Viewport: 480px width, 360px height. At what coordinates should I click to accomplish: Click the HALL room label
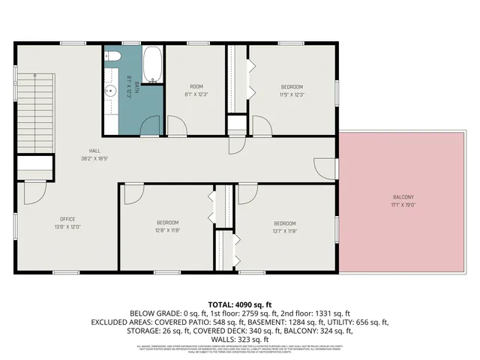click(x=95, y=150)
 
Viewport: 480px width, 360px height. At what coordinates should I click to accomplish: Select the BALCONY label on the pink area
click(x=403, y=197)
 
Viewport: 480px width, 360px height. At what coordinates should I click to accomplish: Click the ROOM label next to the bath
click(x=196, y=85)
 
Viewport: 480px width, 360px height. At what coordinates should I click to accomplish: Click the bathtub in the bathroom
click(x=152, y=66)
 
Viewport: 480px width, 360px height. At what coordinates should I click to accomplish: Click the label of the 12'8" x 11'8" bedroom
click(x=167, y=222)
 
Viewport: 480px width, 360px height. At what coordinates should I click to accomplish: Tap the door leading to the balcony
click(x=325, y=168)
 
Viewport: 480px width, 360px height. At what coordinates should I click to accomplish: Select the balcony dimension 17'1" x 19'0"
click(x=403, y=205)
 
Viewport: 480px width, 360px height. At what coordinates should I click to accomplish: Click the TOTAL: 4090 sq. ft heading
click(x=239, y=304)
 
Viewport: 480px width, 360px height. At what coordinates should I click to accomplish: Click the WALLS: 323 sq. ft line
click(x=239, y=340)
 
